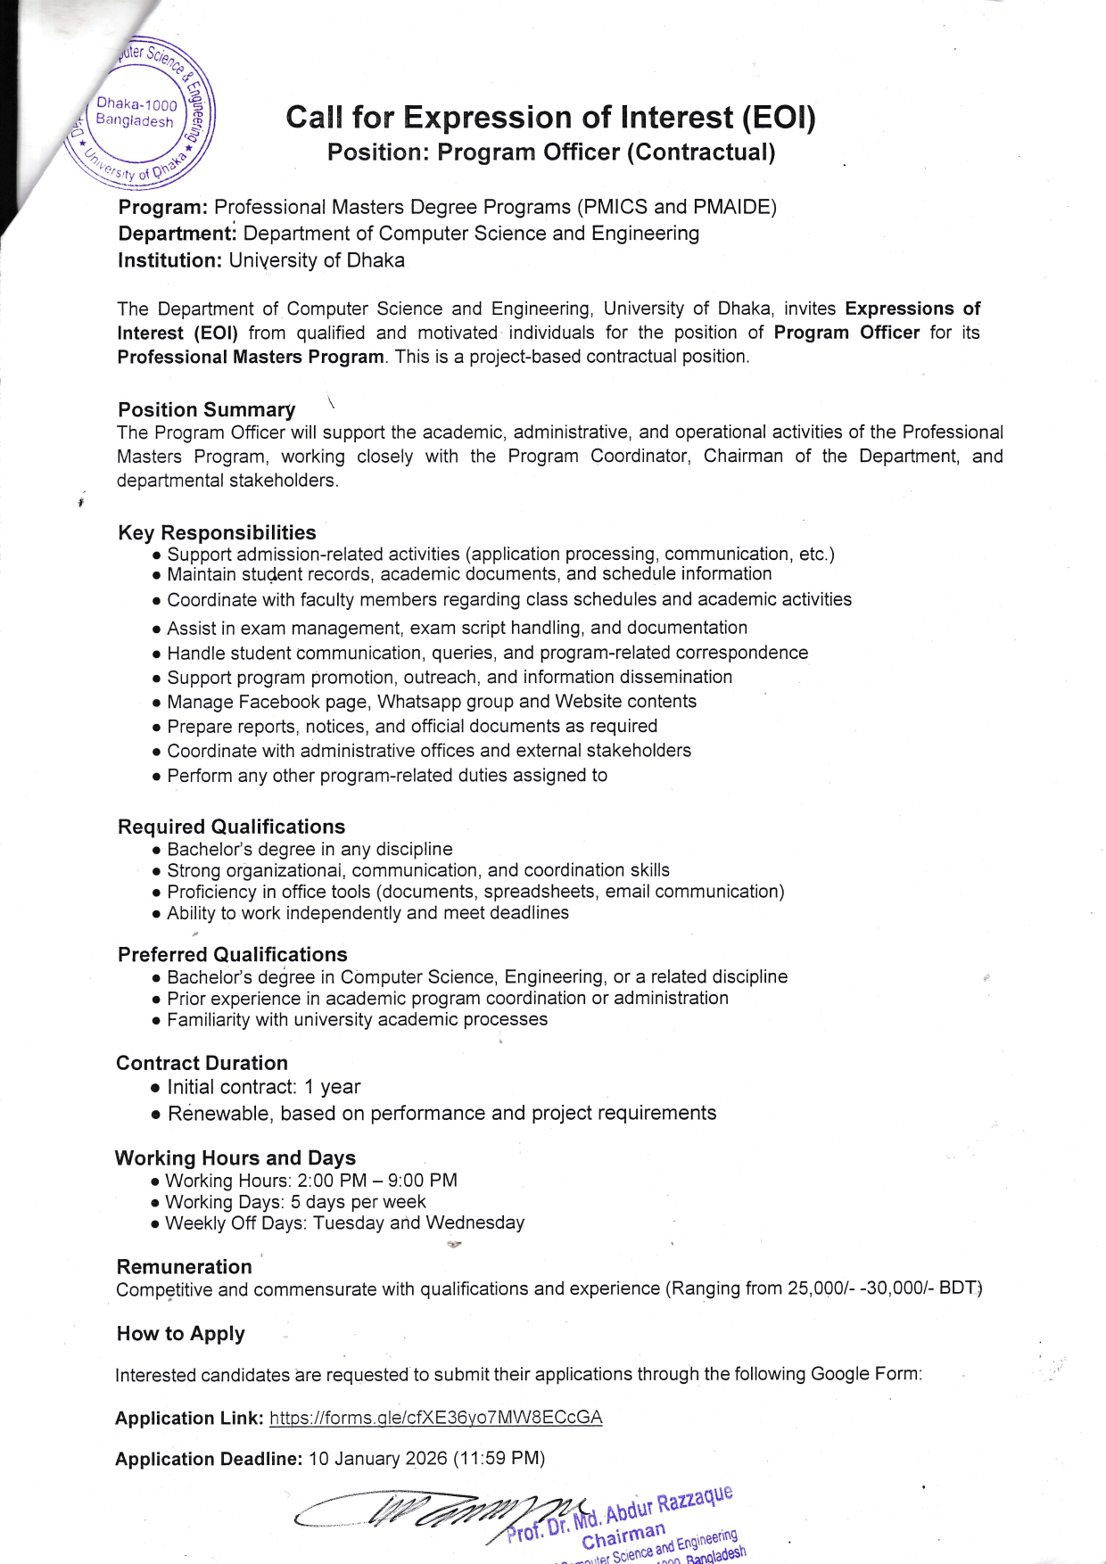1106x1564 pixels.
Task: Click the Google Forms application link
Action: click(x=435, y=1418)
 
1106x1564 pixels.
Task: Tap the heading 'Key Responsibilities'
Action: click(x=217, y=532)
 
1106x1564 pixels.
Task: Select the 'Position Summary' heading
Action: click(x=206, y=409)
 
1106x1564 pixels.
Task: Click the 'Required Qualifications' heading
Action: click(x=231, y=827)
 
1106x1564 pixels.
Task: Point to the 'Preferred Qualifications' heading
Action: click(x=232, y=954)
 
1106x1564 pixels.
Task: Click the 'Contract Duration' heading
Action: click(x=202, y=1063)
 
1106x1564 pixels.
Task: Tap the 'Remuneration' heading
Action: click(x=184, y=1267)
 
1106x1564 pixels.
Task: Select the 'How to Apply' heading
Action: click(x=180, y=1334)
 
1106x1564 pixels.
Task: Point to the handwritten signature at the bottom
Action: click(x=428, y=1512)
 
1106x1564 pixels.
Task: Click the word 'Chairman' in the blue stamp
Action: click(x=623, y=1535)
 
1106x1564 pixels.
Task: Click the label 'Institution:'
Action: click(x=169, y=260)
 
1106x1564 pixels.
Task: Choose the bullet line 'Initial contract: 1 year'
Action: click(x=263, y=1087)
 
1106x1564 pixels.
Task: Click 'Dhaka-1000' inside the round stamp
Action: click(x=136, y=105)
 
